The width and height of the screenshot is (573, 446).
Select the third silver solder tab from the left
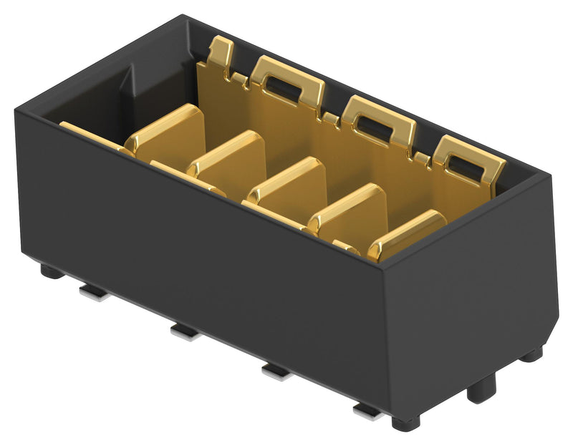(x=275, y=370)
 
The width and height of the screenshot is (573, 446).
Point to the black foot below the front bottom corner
(x=406, y=422)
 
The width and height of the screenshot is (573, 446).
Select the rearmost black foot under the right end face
(x=531, y=354)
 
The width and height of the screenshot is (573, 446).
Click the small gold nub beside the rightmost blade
(x=347, y=248)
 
